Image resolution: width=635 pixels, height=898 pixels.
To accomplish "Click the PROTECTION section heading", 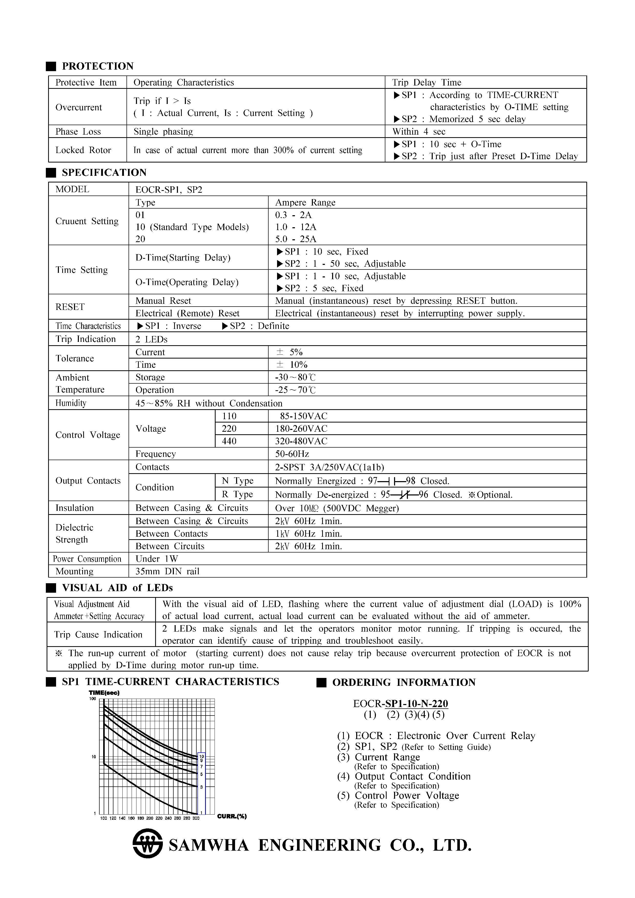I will (x=97, y=66).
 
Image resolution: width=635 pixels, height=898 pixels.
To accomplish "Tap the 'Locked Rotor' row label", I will (x=83, y=150).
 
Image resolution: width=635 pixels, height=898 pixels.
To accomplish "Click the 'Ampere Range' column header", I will (x=305, y=202).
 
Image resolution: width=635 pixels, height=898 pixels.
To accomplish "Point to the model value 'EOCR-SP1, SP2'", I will (x=169, y=190).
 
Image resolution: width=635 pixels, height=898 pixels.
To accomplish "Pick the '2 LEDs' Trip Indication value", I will (x=151, y=339).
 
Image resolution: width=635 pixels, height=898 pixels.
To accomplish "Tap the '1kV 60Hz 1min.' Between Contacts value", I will (x=308, y=534).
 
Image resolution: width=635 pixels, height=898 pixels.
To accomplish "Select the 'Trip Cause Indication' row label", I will (x=98, y=634).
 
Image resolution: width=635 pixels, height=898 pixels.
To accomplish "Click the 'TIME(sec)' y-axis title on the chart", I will (x=104, y=693).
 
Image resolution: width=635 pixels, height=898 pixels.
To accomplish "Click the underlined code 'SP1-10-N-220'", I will (x=416, y=704).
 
